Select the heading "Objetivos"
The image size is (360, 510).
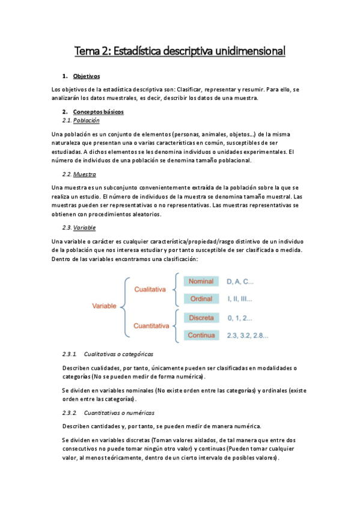pos(86,77)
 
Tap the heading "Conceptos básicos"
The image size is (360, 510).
pos(99,112)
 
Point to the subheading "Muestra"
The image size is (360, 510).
pos(84,174)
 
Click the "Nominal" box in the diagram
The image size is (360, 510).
pos(201,281)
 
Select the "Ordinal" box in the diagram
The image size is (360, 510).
pos(201,299)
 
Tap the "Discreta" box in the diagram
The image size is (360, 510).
pos(201,317)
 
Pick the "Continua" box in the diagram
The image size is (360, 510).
pos(201,335)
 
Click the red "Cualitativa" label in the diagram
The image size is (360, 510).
pos(150,290)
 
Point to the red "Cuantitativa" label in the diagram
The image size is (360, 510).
pos(150,325)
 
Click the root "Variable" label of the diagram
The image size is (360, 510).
pos(104,307)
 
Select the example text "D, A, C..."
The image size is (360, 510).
pos(240,281)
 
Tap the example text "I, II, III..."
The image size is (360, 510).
pos(239,299)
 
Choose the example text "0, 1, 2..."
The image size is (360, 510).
pos(240,317)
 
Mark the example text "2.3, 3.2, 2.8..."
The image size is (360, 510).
pos(248,335)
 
